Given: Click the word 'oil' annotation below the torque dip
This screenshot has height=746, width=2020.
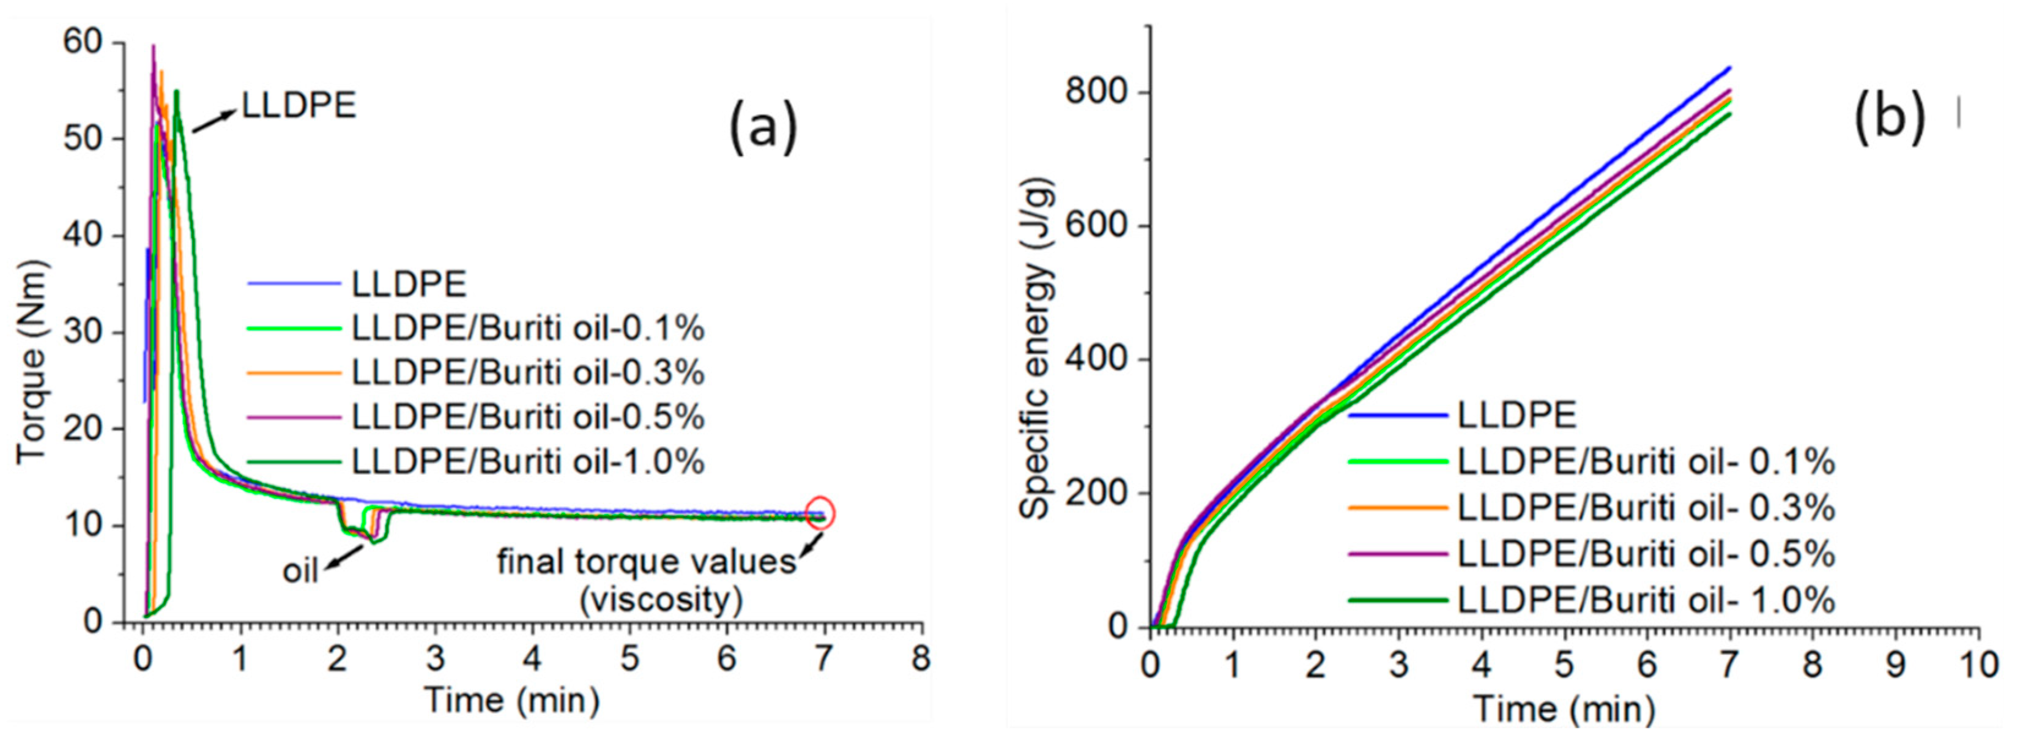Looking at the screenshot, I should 300,570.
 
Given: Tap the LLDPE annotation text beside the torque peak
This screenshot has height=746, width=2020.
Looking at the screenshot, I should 299,105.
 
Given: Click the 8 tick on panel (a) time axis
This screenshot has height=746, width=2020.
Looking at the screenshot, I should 921,658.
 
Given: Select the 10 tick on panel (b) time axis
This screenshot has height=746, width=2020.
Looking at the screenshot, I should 1978,665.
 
